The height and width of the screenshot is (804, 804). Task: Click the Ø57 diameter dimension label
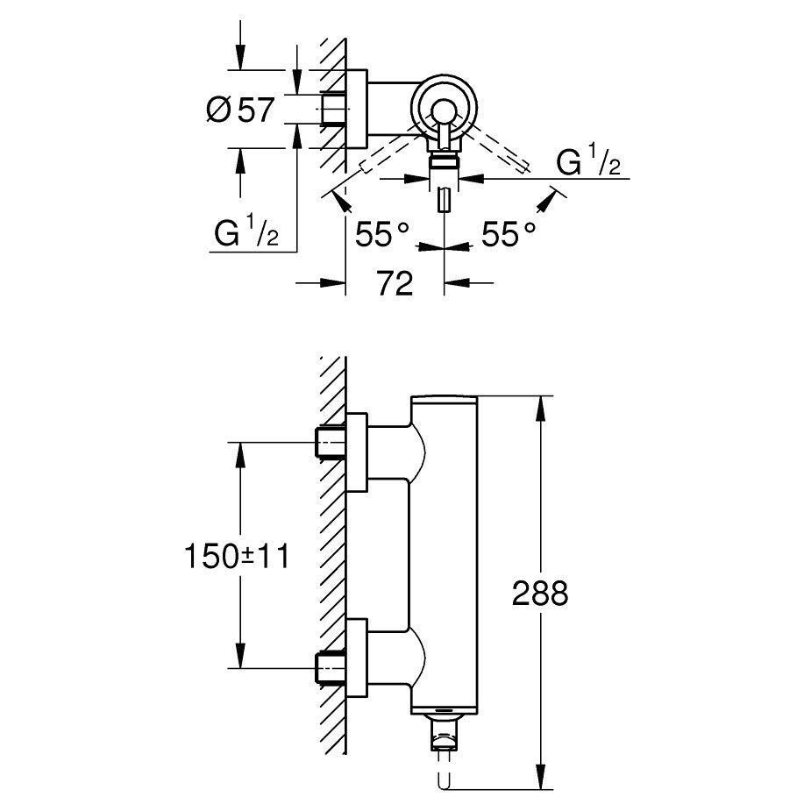click(239, 110)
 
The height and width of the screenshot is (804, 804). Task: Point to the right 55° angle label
click(508, 234)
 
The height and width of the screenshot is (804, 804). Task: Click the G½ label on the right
click(588, 163)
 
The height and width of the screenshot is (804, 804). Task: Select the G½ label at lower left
click(246, 235)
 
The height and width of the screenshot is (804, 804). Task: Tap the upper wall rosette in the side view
click(358, 452)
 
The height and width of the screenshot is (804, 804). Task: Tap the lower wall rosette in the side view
click(358, 658)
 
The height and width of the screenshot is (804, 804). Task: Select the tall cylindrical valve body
click(445, 552)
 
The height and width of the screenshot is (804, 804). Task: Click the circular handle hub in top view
click(444, 109)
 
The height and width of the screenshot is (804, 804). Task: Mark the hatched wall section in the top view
click(332, 105)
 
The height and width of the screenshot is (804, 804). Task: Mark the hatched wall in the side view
click(332, 552)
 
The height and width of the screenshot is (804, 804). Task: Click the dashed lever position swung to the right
click(500, 149)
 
